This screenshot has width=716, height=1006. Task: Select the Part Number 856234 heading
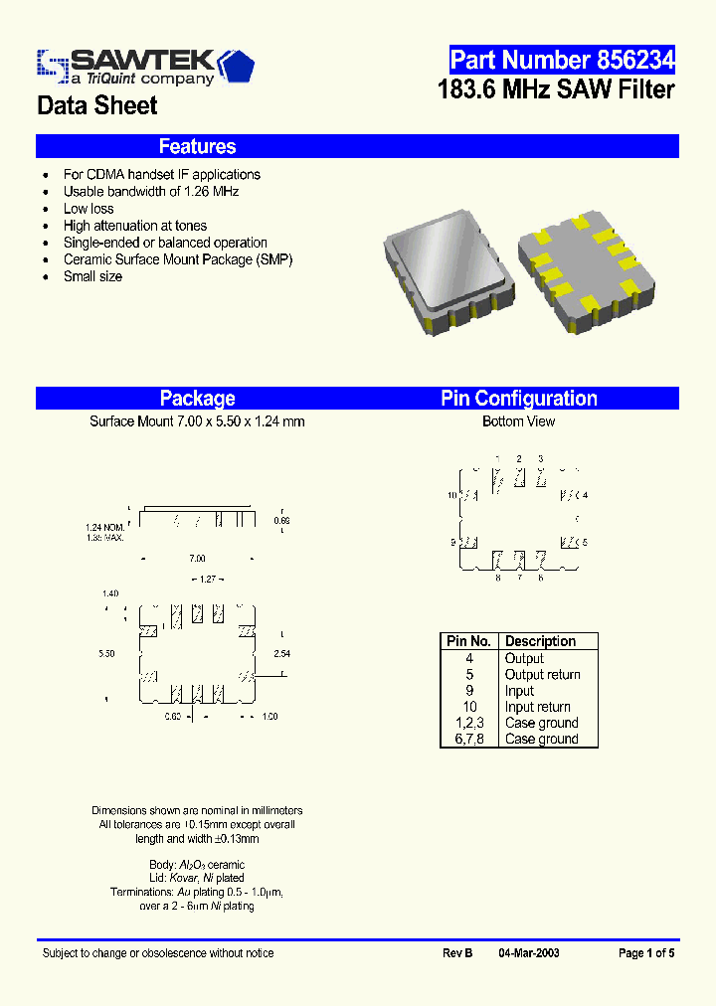coord(562,60)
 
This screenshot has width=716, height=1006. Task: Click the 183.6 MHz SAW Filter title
coord(556,89)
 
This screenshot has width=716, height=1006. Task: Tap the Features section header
coord(197,146)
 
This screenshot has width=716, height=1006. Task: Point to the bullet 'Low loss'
coord(89,209)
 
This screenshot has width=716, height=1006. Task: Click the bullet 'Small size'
coord(92,276)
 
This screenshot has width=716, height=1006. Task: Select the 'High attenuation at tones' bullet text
coord(135,226)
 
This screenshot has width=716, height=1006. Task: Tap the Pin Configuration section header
coord(519,399)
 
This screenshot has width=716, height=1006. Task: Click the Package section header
coord(197,399)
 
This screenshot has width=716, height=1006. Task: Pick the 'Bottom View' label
coord(518,421)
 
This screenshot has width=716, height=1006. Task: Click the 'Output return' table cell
coord(542,675)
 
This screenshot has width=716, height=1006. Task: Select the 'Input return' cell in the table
coord(538,707)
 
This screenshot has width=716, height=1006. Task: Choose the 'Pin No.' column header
coord(468,641)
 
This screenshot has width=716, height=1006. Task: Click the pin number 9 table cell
coord(468,691)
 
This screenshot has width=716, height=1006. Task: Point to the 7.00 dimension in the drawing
coord(197,559)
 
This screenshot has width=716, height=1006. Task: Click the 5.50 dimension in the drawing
coord(107,654)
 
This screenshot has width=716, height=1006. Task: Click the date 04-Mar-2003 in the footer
coord(529,953)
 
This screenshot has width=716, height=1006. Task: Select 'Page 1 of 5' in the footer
coord(646,953)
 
